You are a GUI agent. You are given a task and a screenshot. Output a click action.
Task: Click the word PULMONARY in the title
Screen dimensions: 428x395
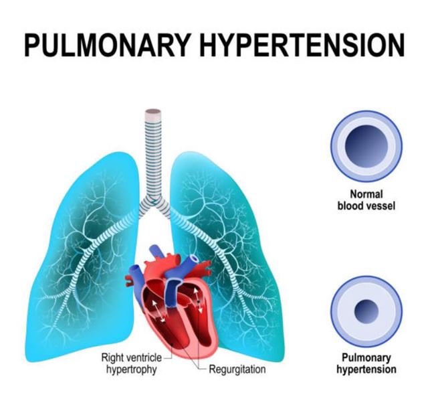click(x=107, y=44)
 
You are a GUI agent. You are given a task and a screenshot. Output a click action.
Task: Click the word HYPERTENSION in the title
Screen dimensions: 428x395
click(x=302, y=44)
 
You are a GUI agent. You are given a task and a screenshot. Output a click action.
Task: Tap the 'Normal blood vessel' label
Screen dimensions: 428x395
click(x=366, y=200)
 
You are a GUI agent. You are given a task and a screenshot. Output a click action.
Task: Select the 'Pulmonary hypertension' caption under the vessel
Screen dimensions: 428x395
click(x=366, y=363)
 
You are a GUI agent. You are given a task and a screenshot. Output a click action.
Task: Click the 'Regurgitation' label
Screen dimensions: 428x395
click(x=237, y=369)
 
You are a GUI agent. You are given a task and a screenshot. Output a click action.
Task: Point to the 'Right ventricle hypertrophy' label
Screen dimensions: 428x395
click(x=132, y=363)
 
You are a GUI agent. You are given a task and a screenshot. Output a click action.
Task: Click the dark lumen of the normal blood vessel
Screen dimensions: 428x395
click(x=366, y=145)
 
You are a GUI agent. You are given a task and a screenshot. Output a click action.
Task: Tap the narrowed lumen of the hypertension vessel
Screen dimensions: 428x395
click(x=366, y=311)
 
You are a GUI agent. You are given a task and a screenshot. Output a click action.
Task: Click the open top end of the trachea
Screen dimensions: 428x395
click(x=153, y=112)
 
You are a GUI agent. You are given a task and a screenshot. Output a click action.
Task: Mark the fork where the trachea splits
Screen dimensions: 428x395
click(x=154, y=202)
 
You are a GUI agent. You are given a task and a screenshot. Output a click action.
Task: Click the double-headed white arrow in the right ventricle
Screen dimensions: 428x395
click(x=158, y=311)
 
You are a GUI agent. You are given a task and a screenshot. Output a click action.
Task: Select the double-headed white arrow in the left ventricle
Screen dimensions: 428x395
click(x=198, y=300)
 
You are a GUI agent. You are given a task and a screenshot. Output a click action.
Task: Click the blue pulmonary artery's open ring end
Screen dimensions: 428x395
click(x=195, y=258)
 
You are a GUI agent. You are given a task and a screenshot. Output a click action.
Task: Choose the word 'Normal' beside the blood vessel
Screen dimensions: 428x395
click(x=366, y=194)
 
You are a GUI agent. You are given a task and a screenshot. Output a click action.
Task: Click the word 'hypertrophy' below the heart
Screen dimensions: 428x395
click(x=132, y=370)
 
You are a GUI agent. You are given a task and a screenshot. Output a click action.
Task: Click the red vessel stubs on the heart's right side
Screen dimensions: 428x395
click(x=204, y=268)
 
